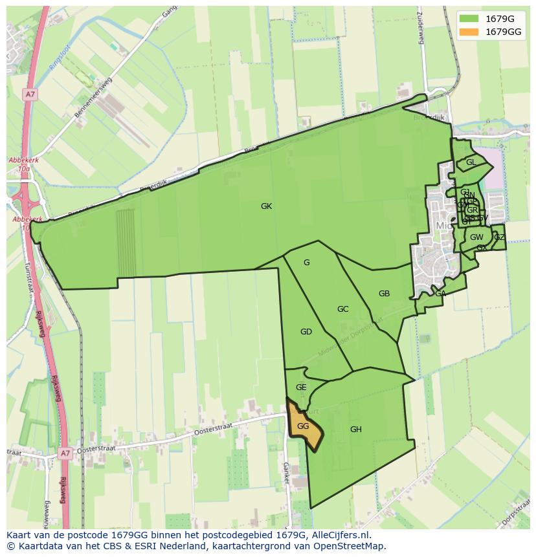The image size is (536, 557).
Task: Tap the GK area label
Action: coord(266,206)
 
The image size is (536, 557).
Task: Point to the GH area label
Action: coord(355,430)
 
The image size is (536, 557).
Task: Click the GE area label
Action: coord(301,388)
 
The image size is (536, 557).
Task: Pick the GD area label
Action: coord(306,332)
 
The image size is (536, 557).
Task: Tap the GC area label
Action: coord(343,309)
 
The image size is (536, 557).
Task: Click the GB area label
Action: coord(384,294)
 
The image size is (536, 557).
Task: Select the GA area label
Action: coord(440,294)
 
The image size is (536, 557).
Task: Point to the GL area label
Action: coord(471,162)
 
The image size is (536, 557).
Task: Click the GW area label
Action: coord(476,237)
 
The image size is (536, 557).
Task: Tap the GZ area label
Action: coord(499,237)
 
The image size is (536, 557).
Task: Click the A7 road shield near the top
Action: coord(30,94)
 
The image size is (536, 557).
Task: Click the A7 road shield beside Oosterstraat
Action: coord(65,453)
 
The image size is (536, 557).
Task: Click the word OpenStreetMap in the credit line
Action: coord(350,546)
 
